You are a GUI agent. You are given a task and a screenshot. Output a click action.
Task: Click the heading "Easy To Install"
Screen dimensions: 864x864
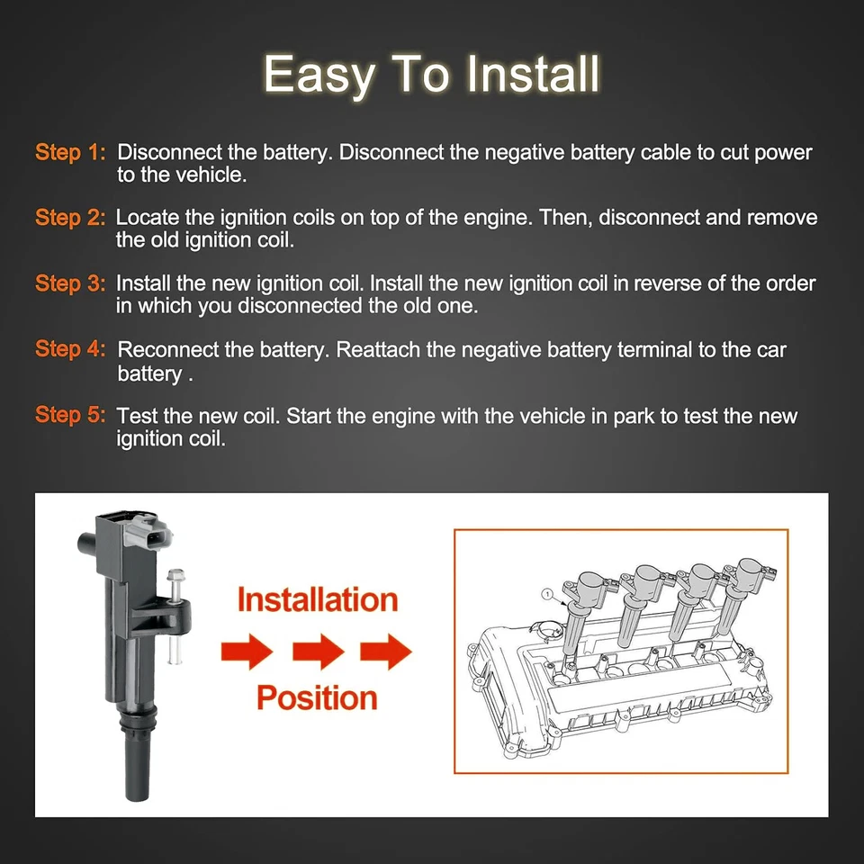pyautogui.click(x=431, y=74)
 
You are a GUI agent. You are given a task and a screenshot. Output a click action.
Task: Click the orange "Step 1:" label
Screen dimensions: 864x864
pyautogui.click(x=70, y=153)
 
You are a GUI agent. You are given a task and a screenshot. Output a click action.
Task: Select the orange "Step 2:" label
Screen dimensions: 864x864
pyautogui.click(x=70, y=218)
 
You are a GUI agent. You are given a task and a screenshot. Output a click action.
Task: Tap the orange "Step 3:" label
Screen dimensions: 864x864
pyautogui.click(x=70, y=283)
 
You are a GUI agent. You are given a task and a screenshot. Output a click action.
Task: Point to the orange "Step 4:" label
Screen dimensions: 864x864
pyautogui.click(x=70, y=349)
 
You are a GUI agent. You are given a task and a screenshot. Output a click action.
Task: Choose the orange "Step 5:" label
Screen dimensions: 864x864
pyautogui.click(x=70, y=415)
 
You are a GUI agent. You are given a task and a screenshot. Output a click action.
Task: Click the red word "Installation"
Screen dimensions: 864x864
pyautogui.click(x=317, y=600)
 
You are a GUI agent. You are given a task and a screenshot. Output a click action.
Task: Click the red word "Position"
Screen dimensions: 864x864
pyautogui.click(x=317, y=697)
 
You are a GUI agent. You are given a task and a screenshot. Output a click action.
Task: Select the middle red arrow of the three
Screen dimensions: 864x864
pyautogui.click(x=317, y=650)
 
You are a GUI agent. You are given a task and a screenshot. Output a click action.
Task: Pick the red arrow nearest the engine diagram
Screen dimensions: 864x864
pyautogui.click(x=386, y=650)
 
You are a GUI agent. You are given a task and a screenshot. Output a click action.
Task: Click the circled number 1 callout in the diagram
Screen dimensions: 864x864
pyautogui.click(x=546, y=593)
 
